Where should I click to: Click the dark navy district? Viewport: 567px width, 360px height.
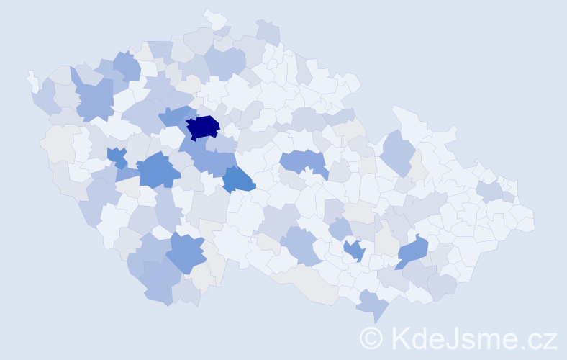pyautogui.click(x=203, y=127)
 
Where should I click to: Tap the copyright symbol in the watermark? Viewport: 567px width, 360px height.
pyautogui.click(x=372, y=337)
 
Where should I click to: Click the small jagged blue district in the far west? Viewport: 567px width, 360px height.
pyautogui.click(x=117, y=156)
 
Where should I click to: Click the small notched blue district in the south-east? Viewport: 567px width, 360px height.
pyautogui.click(x=354, y=250)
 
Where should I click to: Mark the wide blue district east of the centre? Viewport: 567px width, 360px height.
pyautogui.click(x=302, y=162)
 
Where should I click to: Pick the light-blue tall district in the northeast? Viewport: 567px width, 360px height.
pyautogui.click(x=398, y=150)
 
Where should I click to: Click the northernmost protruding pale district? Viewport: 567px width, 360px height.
pyautogui.click(x=213, y=18)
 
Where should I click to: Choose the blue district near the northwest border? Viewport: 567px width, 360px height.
pyautogui.click(x=127, y=66)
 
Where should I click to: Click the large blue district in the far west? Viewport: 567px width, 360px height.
pyautogui.click(x=92, y=99)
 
